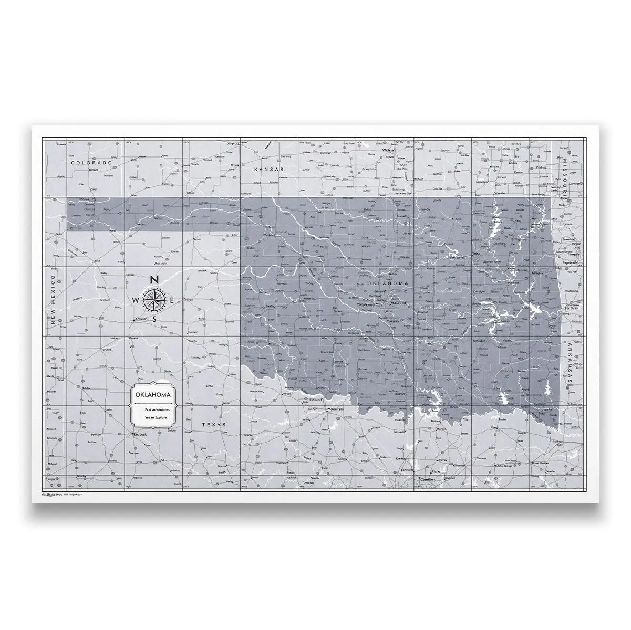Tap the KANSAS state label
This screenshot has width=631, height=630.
tap(268, 170)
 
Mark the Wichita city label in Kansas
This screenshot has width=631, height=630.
tap(388, 150)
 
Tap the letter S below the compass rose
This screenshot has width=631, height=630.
tap(154, 319)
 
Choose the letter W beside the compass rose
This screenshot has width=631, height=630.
tap(136, 300)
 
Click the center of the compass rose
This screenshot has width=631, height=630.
tap(154, 299)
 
